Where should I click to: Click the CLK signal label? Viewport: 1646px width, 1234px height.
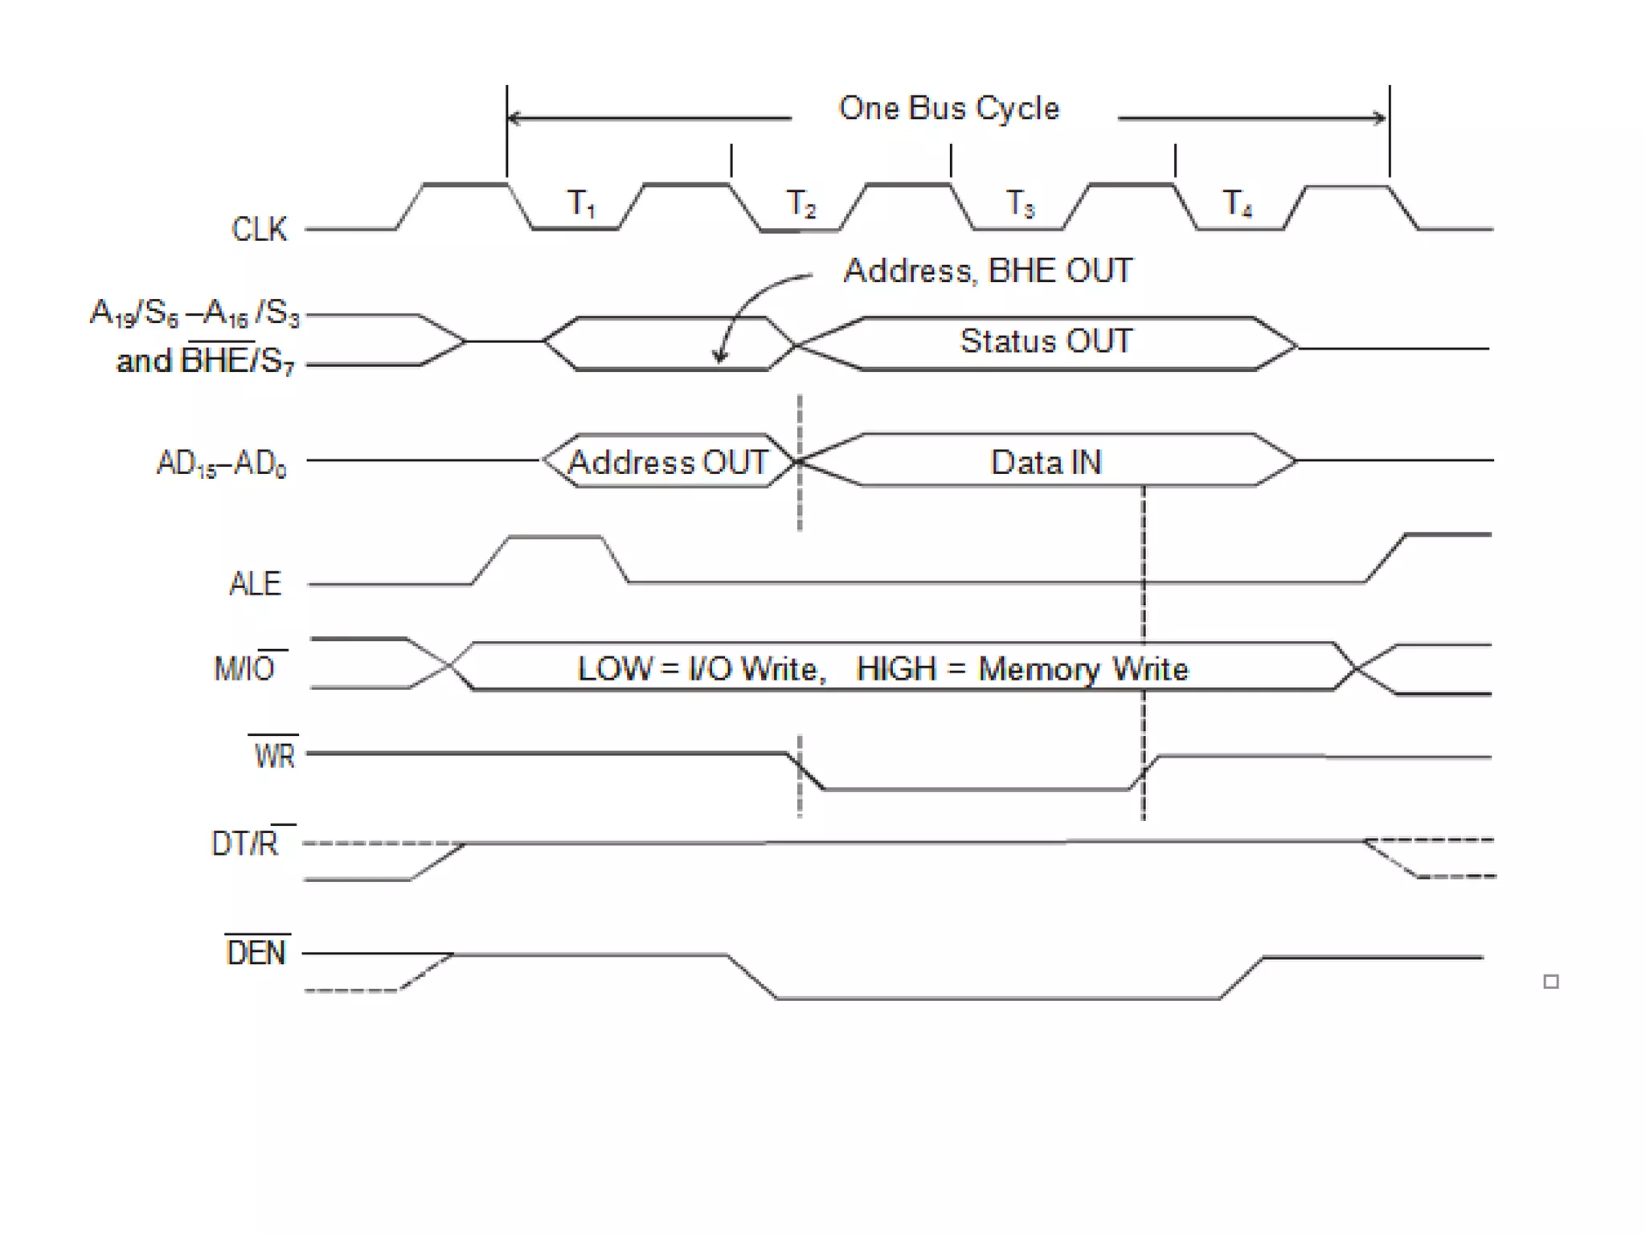[259, 229]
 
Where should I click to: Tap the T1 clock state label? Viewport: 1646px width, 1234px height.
[581, 203]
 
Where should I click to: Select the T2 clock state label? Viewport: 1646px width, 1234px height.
[800, 203]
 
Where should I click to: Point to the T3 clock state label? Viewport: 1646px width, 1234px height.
[1021, 203]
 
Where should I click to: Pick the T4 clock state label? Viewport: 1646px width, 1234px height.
[1238, 203]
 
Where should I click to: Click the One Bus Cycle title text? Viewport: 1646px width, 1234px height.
[948, 108]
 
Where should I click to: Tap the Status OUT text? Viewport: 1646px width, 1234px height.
[1046, 341]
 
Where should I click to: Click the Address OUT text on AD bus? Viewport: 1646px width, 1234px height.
[668, 463]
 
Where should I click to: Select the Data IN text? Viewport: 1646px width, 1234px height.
[1046, 463]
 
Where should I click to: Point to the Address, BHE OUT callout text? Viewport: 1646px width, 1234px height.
[988, 271]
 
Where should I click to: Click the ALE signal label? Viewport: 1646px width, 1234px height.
[255, 584]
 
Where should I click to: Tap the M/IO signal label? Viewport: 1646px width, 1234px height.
[246, 668]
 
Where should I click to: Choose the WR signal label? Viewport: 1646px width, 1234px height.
[274, 756]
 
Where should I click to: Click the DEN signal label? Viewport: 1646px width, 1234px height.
[256, 954]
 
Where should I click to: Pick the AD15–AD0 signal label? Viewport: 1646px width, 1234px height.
[221, 464]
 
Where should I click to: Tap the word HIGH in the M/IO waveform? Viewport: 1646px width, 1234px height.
[896, 669]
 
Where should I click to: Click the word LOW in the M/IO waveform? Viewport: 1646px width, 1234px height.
[615, 669]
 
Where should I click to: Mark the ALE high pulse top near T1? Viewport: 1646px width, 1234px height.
[555, 537]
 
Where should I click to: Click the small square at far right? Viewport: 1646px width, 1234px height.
[1551, 981]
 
